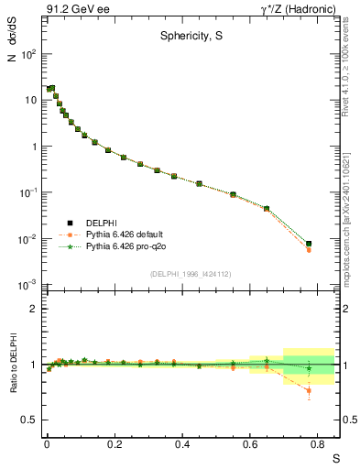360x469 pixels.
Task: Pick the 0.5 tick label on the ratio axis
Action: click(x=28, y=420)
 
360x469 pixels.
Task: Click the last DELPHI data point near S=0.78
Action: click(x=309, y=244)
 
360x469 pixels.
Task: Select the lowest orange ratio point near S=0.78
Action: click(x=309, y=391)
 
